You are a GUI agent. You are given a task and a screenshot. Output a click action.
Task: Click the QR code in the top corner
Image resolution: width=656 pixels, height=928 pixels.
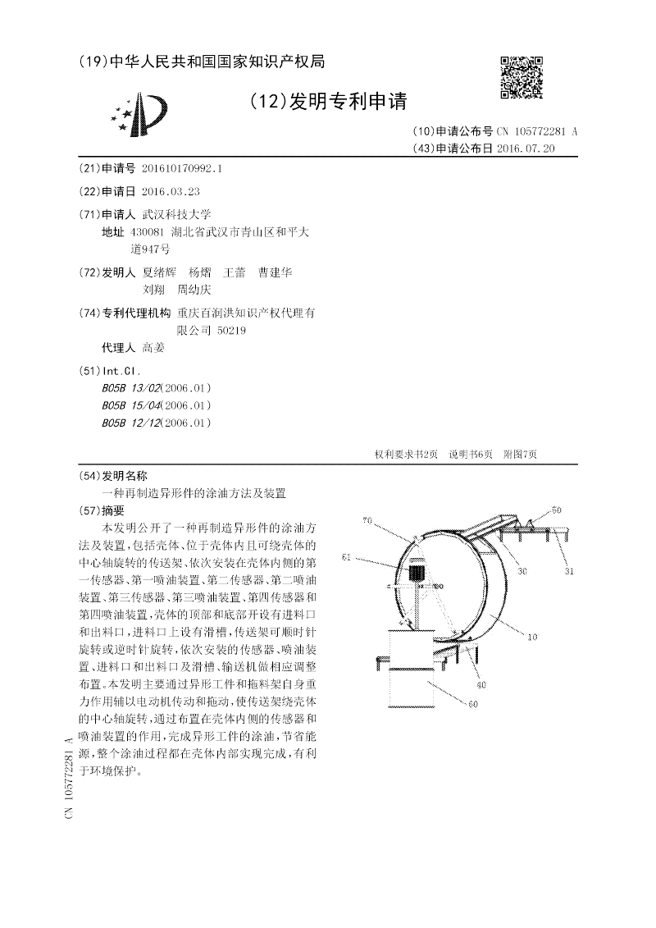tap(522, 77)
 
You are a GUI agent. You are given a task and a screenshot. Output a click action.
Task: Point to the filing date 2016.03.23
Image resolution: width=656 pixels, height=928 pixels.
tap(170, 191)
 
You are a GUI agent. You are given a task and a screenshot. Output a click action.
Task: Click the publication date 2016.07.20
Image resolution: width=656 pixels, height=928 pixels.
tap(526, 149)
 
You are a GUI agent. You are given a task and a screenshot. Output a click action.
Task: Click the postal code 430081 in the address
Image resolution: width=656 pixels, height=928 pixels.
tap(148, 232)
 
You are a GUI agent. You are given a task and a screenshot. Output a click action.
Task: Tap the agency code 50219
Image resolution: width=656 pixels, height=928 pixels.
tap(231, 331)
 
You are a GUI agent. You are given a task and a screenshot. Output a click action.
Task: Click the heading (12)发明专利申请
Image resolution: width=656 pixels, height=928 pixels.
tap(326, 101)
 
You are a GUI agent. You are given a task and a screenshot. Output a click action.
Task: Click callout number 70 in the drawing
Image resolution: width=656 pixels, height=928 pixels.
tap(367, 519)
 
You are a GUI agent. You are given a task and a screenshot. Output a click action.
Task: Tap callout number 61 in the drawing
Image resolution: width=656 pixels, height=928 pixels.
tap(347, 557)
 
